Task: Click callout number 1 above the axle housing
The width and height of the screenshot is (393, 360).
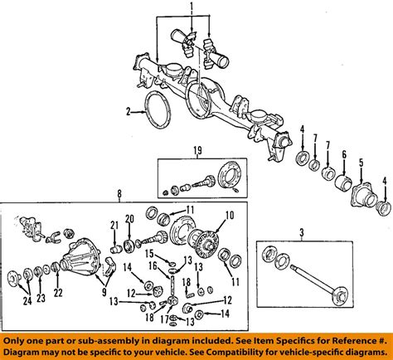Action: (x=192, y=5)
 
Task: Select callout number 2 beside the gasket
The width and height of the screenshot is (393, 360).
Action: (x=128, y=112)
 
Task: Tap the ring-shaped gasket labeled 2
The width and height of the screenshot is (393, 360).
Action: (x=158, y=110)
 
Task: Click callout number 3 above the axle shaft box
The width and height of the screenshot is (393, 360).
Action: (x=302, y=233)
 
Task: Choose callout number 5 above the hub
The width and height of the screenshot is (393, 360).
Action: (x=361, y=163)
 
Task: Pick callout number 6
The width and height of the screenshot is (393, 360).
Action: (x=344, y=155)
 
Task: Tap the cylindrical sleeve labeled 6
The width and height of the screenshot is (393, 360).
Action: (x=342, y=182)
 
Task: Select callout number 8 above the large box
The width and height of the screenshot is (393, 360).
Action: (x=119, y=194)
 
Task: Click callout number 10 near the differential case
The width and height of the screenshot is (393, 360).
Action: (x=230, y=215)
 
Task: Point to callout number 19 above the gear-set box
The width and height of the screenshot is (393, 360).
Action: (x=197, y=151)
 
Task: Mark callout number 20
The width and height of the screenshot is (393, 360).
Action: (x=129, y=219)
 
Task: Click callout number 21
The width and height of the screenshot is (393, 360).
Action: (x=114, y=226)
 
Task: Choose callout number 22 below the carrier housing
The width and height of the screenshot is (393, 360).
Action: (x=58, y=293)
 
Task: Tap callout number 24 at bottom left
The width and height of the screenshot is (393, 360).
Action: (x=27, y=301)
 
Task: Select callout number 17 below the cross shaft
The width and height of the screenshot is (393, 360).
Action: (x=164, y=319)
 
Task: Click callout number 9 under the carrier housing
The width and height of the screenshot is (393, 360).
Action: (x=104, y=292)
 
